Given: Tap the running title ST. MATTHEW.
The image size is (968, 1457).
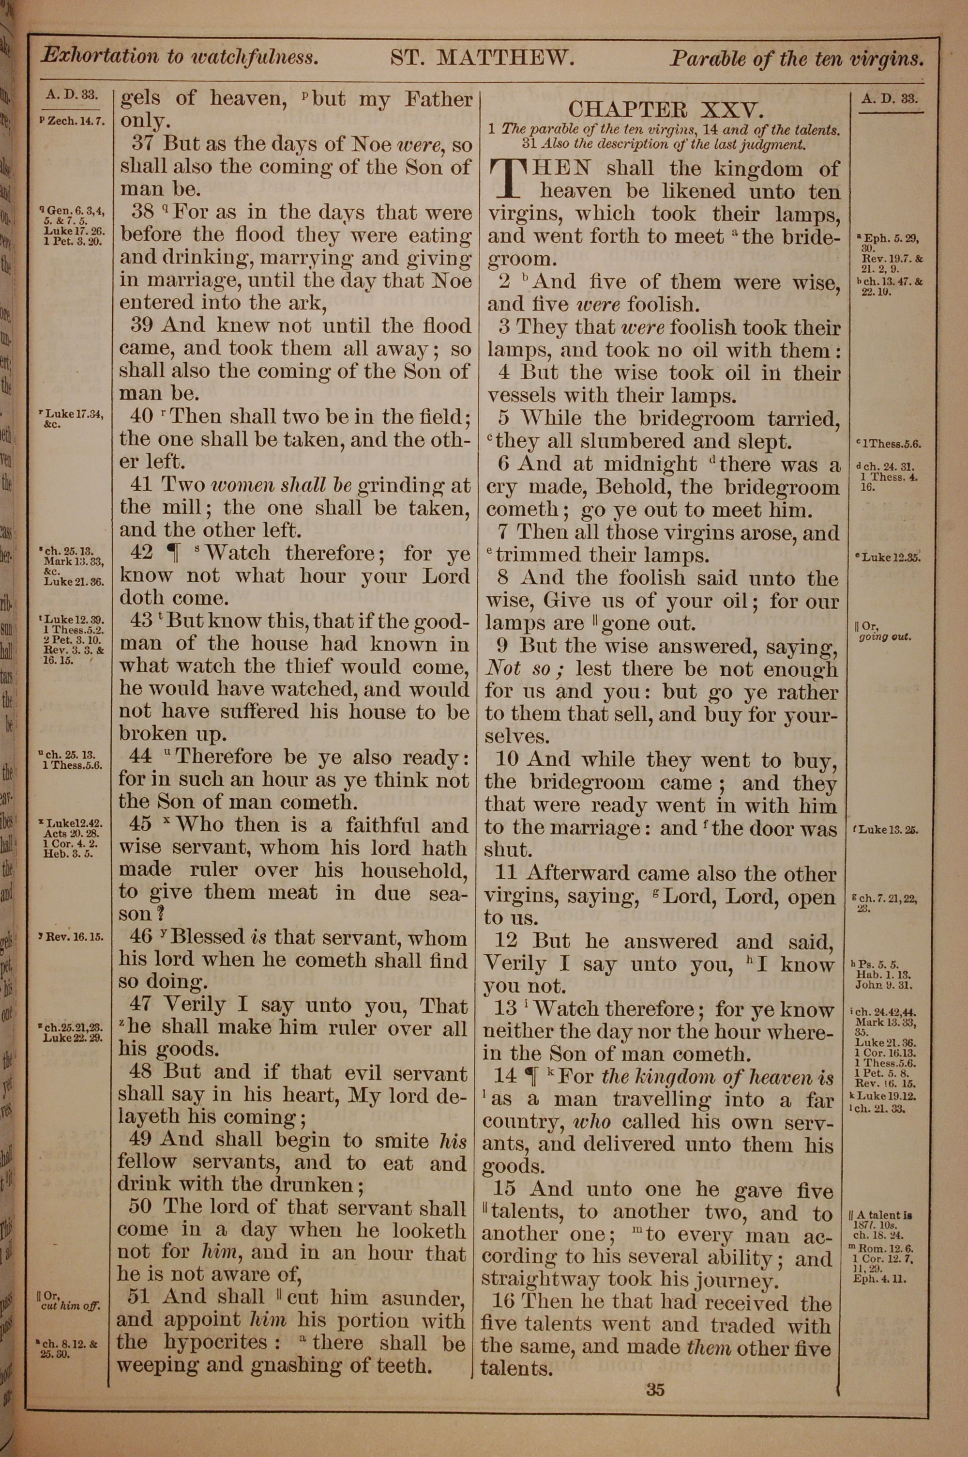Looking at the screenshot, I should point(483,58).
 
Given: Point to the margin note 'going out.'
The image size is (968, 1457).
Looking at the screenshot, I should point(885,637).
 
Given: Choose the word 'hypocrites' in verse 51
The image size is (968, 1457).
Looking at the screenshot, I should point(216,1342).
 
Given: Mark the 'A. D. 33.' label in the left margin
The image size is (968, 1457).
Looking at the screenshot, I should point(72,94).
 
